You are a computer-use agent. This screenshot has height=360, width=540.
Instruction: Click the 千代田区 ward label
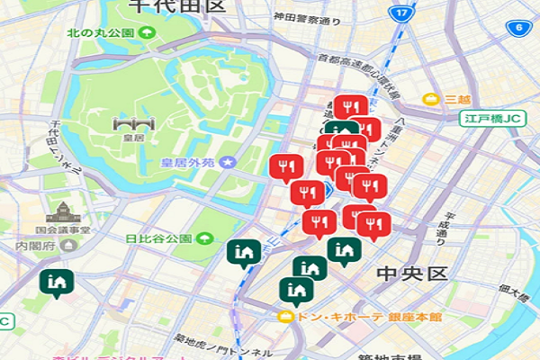[x=175, y=6]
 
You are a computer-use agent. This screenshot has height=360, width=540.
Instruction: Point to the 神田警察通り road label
[x=285, y=17]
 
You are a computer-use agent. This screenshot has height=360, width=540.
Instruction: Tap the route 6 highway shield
[x=519, y=28]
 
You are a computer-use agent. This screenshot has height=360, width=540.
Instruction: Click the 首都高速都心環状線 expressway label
[x=357, y=76]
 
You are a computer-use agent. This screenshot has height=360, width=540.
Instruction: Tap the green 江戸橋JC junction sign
[x=493, y=118]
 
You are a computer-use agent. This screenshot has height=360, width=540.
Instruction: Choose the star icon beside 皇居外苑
[x=229, y=163]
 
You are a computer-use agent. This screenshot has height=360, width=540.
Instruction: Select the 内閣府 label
[x=35, y=244]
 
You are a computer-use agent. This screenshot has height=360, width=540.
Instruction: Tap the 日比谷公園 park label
[x=159, y=239]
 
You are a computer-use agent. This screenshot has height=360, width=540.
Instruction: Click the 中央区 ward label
[x=411, y=273]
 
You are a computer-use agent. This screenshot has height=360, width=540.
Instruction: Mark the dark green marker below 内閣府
[x=57, y=283]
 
